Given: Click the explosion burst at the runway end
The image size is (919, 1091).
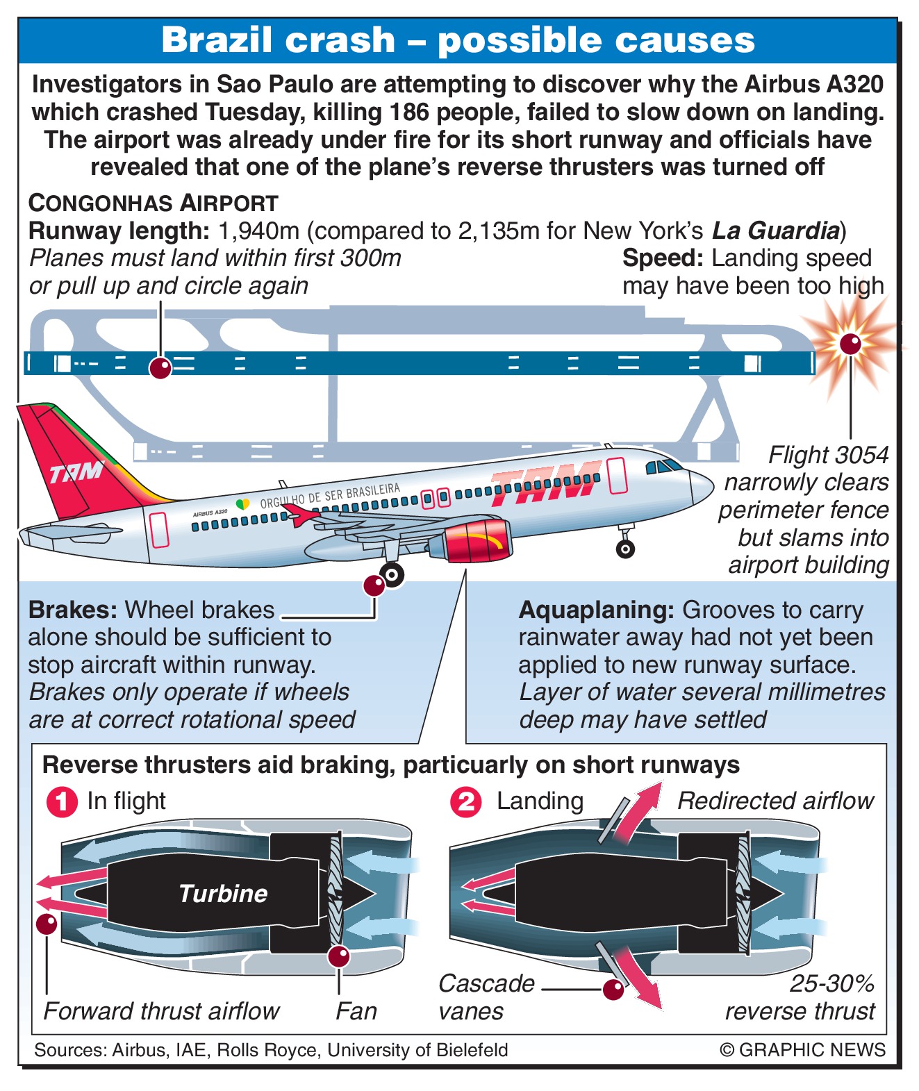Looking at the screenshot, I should (850, 344).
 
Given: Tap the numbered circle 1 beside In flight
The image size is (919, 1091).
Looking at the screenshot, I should (62, 802).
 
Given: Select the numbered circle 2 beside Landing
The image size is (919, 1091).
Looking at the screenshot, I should (465, 802).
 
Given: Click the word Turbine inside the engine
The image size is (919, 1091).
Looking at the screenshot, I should (223, 893).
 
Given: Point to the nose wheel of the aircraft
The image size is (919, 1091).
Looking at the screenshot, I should (626, 549).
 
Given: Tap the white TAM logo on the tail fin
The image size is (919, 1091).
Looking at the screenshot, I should (76, 473).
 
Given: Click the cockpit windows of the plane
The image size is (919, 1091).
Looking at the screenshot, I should (663, 466).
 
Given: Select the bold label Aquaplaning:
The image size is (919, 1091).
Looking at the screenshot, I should (596, 610).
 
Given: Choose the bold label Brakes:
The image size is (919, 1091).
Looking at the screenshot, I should (73, 610).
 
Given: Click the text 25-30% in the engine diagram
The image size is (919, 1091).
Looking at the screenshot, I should (832, 983).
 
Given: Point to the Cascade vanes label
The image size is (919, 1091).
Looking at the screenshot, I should (486, 997).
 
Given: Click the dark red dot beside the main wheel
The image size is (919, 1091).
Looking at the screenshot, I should (374, 585).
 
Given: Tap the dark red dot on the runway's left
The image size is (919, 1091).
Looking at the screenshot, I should (160, 368).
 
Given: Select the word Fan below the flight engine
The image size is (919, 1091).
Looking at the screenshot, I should (356, 1011).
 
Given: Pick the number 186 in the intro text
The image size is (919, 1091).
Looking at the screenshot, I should (412, 112).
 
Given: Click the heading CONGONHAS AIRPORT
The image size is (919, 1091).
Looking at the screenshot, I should (153, 203).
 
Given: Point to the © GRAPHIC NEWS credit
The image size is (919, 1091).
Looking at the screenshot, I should (802, 1049).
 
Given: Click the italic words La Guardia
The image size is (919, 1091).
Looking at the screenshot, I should (776, 231).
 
